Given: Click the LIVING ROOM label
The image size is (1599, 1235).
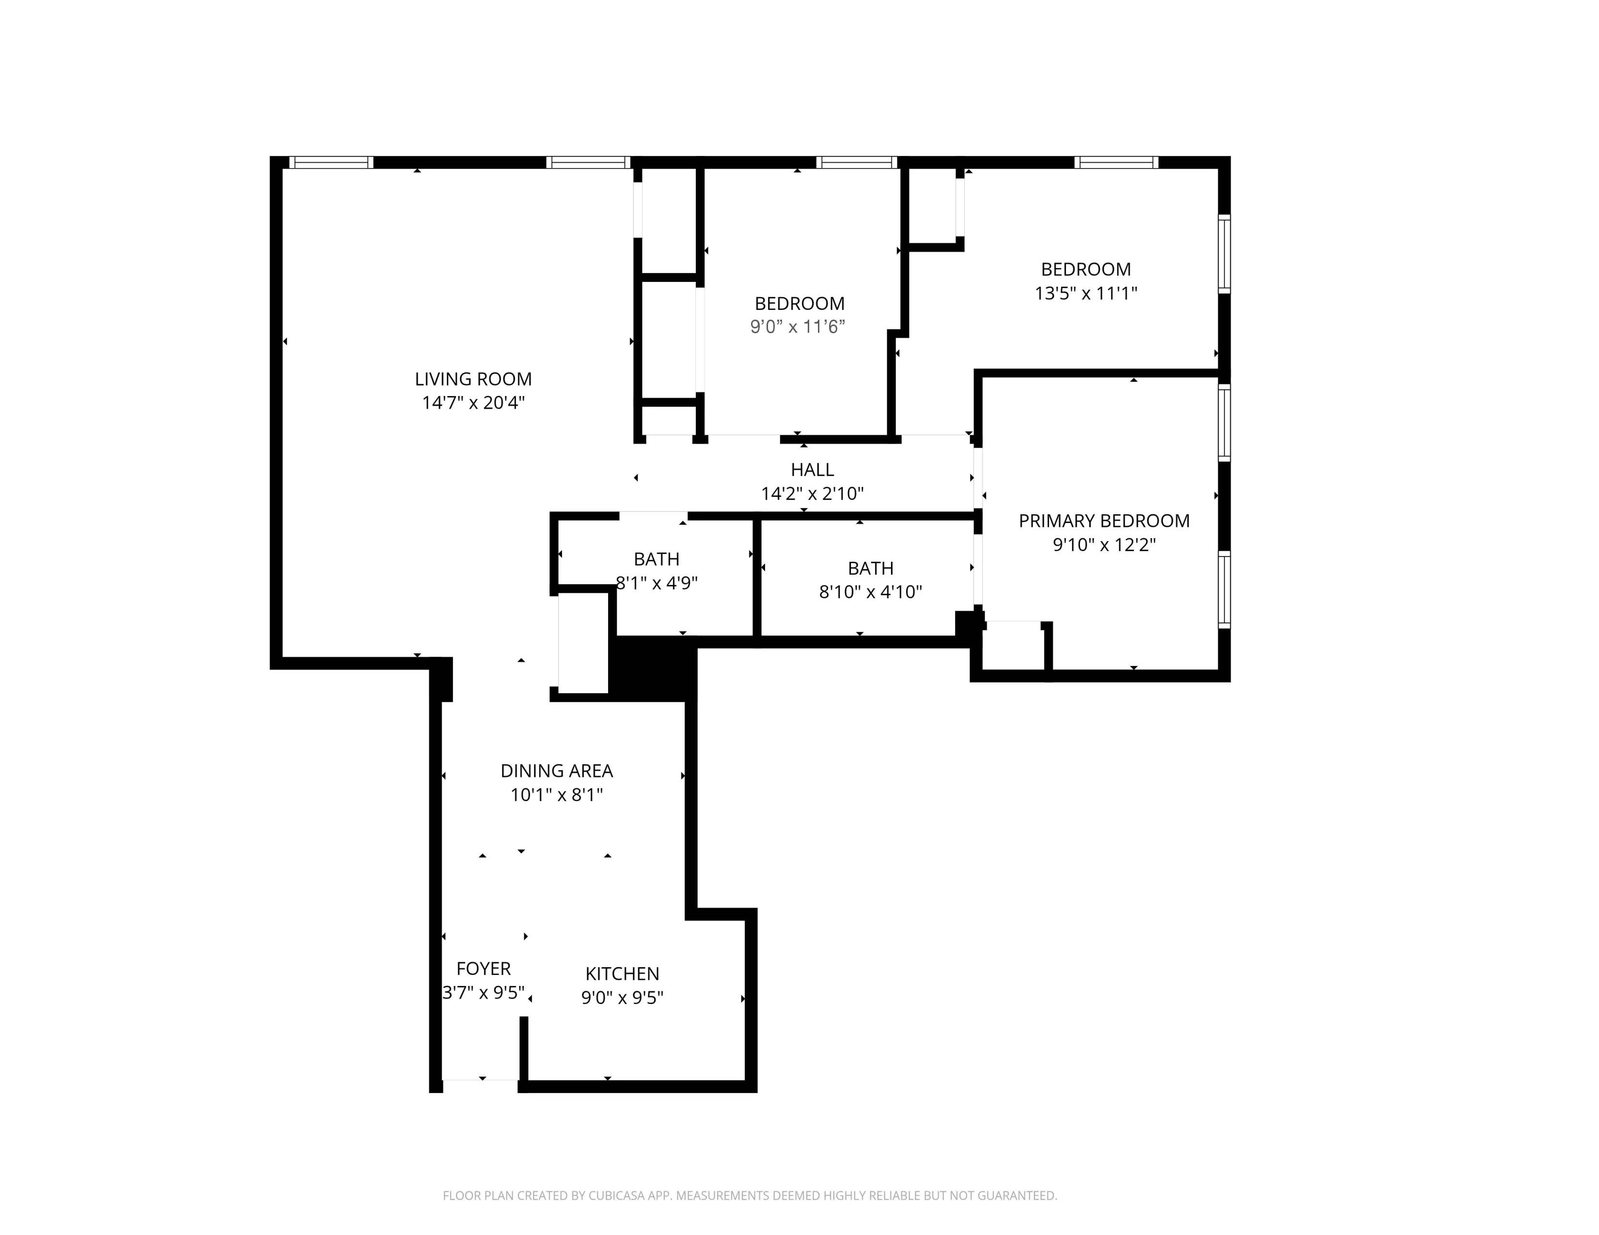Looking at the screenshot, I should point(473,379).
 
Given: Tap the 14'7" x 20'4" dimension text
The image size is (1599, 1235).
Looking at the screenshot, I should point(473,403).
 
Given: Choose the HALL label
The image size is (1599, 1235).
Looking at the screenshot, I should point(812,470).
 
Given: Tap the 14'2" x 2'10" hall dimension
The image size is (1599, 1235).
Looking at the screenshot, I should point(812,494).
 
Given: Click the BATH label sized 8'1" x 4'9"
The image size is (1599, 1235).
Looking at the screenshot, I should point(656,559).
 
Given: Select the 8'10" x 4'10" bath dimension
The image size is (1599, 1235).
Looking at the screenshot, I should point(870,592).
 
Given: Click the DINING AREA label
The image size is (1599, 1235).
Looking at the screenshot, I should point(556,771).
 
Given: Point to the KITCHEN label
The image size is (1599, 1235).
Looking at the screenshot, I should point(622,974).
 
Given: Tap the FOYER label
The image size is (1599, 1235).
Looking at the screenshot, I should point(483,969).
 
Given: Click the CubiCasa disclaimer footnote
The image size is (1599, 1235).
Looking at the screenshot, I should point(750,1195).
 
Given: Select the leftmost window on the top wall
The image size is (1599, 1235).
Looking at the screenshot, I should point(331,162).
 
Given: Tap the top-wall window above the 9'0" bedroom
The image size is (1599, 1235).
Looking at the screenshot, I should point(857,162).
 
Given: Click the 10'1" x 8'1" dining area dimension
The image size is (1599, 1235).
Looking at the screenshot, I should point(556,795).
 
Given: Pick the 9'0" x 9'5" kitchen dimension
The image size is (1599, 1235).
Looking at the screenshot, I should point(622,998).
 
